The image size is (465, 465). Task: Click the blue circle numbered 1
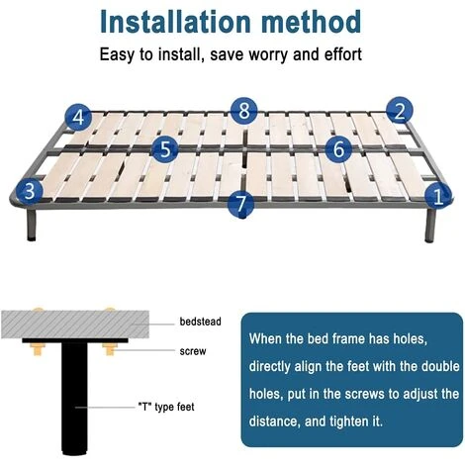coord(438,196)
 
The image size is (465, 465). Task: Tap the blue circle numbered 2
coord(400,111)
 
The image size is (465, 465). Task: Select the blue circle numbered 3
coord(30,191)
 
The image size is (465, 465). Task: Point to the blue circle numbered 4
coord(78,117)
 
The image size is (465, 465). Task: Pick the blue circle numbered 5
coord(165,148)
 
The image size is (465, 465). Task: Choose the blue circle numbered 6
coord(338,148)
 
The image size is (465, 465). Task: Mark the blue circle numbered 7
coord(241,203)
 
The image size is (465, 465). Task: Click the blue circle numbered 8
coord(244,111)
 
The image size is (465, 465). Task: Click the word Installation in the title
coord(175,22)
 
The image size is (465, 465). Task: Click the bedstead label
coord(200,322)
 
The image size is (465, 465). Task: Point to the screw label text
coord(193,351)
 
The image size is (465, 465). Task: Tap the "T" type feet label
coord(166,407)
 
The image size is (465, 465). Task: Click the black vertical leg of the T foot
coord(75,399)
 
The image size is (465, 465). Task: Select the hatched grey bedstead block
coord(75,325)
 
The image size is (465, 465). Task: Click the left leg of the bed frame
coord(32,225)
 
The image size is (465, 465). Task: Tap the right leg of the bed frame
coord(429,225)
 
